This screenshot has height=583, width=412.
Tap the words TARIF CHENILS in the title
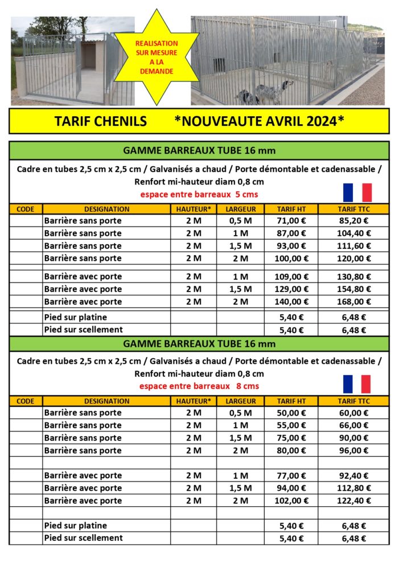coord(100,121)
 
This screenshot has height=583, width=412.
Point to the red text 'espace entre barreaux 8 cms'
coord(199,386)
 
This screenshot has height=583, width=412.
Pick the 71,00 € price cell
coord(291,221)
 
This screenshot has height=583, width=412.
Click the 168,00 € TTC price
coord(353,302)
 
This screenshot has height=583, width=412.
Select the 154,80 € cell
coord(353,289)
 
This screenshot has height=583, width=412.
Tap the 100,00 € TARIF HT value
coord(291,258)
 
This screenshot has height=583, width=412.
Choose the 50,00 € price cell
coord(291,413)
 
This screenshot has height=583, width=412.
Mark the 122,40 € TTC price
coord(353,501)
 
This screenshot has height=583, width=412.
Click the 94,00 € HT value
coord(291,488)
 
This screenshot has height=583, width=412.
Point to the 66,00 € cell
coord(353,425)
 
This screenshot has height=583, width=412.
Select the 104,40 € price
coord(353,233)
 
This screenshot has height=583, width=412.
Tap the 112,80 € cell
coord(353,488)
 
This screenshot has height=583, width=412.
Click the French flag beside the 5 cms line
coord(357,192)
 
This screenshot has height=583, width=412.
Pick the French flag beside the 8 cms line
coord(357,384)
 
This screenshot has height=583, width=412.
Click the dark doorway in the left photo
coord(88,57)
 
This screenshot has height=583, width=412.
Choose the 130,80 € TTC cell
coord(353,277)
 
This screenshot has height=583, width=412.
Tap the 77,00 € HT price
coord(291,475)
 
